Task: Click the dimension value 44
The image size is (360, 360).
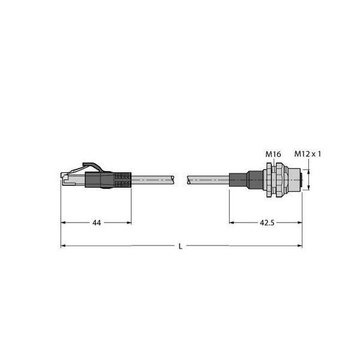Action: click(x=97, y=223)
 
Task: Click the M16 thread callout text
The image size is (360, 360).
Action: click(x=274, y=155)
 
